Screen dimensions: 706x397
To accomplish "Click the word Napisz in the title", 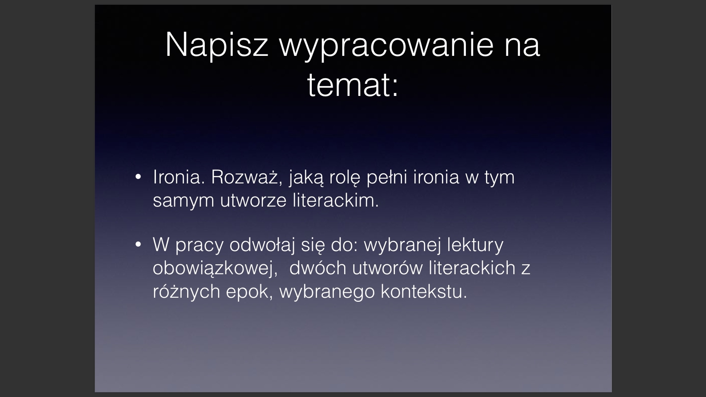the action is (x=217, y=46).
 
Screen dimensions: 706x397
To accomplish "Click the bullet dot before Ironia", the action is (x=138, y=177).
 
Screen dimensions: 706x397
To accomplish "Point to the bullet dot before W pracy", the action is (x=138, y=244).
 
